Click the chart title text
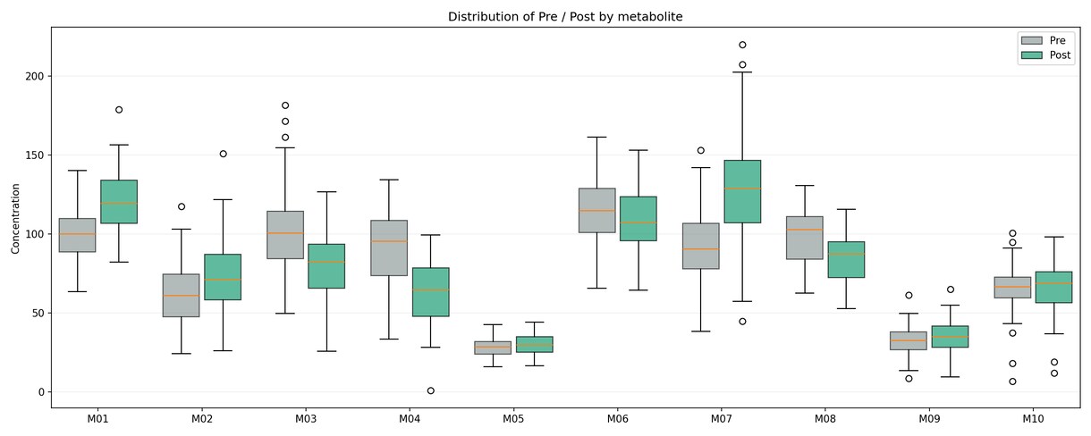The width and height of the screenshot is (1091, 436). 565,17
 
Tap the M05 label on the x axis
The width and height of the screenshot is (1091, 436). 513,418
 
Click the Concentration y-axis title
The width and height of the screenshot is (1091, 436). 15,219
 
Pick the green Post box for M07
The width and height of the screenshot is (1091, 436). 742,192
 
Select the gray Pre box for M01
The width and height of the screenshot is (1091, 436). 77,235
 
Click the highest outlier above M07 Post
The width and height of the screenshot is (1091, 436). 742,45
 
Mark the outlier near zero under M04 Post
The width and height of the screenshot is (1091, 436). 430,390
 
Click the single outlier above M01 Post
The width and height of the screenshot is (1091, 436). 119,110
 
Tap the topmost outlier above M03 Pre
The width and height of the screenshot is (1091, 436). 285,105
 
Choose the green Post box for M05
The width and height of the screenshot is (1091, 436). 534,345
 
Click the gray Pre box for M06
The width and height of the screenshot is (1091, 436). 597,210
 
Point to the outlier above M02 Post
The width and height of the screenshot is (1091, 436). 223,154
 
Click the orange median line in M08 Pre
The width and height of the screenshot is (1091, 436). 805,230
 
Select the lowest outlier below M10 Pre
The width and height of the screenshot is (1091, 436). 1012,381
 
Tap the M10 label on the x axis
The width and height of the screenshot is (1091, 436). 1033,418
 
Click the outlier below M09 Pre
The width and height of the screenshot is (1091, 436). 909,379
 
